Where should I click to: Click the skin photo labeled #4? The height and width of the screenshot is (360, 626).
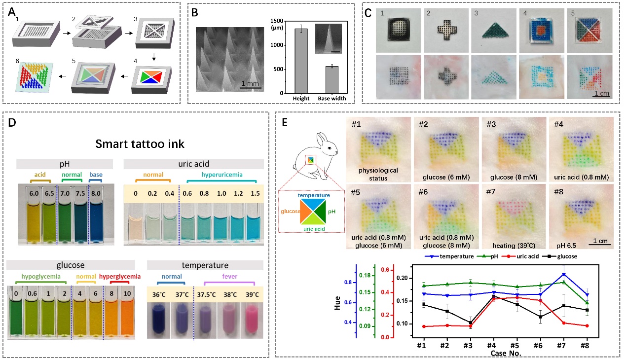coord(581,149)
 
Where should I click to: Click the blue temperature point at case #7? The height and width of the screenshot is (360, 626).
coord(564,275)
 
